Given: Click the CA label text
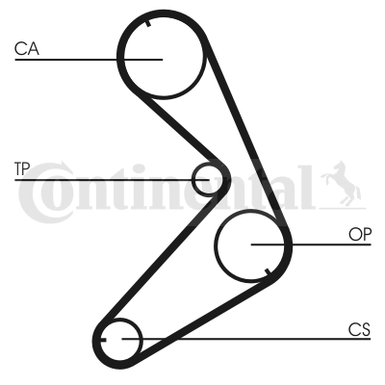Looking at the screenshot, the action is [x=27, y=49].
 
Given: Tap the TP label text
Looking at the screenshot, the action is [x=22, y=169].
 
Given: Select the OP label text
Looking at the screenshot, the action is [x=360, y=235].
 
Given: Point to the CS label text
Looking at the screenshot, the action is [x=359, y=329].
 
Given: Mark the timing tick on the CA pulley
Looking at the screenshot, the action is [x=148, y=23].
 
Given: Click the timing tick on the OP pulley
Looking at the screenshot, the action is [x=268, y=272].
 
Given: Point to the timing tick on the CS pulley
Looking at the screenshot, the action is [x=103, y=340].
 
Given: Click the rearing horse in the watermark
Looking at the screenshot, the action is [x=342, y=184].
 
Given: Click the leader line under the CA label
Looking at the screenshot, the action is [x=89, y=60].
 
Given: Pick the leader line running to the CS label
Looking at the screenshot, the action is [x=246, y=339].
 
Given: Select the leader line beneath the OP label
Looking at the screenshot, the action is [x=311, y=244].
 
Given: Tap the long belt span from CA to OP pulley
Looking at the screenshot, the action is [x=247, y=137].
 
